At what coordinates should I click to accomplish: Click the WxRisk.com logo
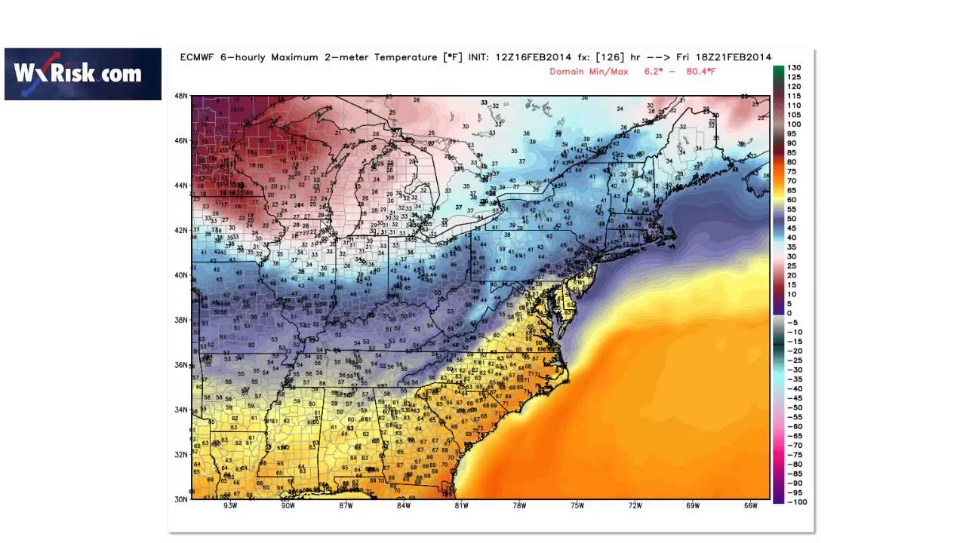pos(83,74)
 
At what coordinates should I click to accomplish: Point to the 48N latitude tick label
pos(181,96)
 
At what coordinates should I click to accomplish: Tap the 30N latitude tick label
pos(181,499)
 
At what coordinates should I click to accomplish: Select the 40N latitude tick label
pos(181,275)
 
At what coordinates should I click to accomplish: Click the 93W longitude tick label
pos(231,506)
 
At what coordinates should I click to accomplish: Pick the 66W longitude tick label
pos(750,506)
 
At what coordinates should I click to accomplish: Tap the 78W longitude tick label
pos(519,506)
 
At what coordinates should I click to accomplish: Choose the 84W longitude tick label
pos(404,506)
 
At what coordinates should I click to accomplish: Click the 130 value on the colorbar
pos(795,68)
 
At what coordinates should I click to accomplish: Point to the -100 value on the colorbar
pos(797,502)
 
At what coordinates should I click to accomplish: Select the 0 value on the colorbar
pos(789,313)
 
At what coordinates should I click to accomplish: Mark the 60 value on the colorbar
pos(792,200)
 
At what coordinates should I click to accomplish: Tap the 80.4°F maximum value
pos(699,72)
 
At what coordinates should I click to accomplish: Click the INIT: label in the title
pos(480,57)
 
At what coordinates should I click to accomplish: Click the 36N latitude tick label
pos(181,365)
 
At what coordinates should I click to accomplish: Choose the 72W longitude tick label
pos(635,506)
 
